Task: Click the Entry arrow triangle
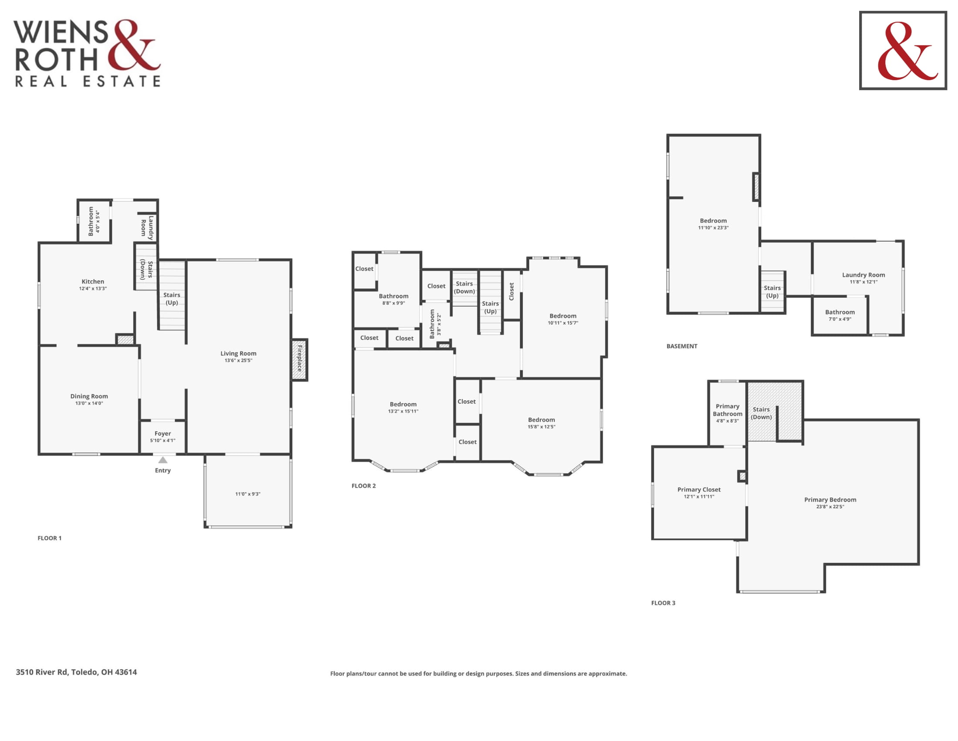163,460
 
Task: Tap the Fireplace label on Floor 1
300,359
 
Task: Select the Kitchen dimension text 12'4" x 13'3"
93,289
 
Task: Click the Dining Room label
89,396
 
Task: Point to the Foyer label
163,433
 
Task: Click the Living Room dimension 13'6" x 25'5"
239,360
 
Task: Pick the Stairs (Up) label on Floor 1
172,299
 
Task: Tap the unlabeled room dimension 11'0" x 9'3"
248,494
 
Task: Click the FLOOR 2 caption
364,486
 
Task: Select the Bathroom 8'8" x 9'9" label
394,296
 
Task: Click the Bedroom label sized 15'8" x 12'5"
542,420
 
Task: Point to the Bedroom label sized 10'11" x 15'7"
563,316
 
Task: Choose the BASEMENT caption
682,346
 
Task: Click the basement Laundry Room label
864,275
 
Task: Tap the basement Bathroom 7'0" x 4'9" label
840,312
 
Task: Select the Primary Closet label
699,489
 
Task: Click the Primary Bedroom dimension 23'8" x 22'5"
830,506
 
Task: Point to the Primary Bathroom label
728,410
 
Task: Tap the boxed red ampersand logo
903,51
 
